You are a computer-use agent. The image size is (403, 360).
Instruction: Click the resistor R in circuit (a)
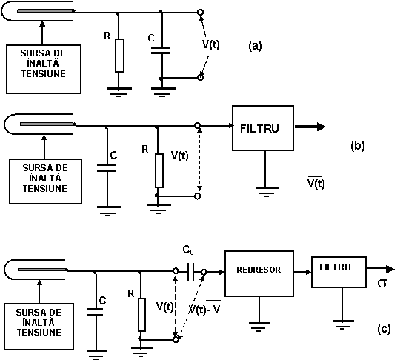[119, 56]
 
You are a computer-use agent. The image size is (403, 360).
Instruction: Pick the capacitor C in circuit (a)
[161, 50]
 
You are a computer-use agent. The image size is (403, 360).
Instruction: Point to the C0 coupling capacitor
[190, 272]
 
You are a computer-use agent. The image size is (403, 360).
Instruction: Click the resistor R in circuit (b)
[159, 170]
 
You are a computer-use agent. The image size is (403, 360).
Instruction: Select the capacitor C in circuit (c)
[95, 312]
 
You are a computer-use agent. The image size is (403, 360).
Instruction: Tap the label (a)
[255, 46]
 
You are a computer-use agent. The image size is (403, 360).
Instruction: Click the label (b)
[358, 146]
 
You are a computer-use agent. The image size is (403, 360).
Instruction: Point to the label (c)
[384, 329]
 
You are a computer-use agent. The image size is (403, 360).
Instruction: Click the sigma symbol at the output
[382, 284]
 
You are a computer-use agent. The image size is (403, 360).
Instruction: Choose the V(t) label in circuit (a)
[210, 44]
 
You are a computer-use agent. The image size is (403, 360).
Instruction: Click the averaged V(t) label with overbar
[316, 183]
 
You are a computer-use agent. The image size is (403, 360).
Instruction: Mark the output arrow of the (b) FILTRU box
[310, 127]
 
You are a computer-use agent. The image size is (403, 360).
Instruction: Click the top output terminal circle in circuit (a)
[200, 12]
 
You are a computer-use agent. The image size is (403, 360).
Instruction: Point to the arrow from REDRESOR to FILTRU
[303, 272]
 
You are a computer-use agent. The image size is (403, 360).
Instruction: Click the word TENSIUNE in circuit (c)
[39, 333]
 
